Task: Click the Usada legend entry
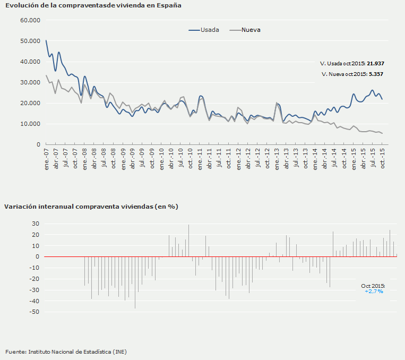pyautogui.click(x=209, y=30)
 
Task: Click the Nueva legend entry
pyautogui.click(x=251, y=30)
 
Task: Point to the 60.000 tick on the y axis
pyautogui.click(x=30, y=20)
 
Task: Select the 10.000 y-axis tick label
pyautogui.click(x=30, y=124)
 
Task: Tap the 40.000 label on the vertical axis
pyautogui.click(x=30, y=62)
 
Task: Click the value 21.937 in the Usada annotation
pyautogui.click(x=375, y=63)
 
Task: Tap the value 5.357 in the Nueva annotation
pyautogui.click(x=375, y=74)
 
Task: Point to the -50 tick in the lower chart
pyautogui.click(x=33, y=312)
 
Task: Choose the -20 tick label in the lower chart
pyautogui.click(x=33, y=279)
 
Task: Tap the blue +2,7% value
pyautogui.click(x=374, y=292)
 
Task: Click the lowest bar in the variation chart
pyautogui.click(x=135, y=287)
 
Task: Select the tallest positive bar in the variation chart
pyautogui.click(x=188, y=240)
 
